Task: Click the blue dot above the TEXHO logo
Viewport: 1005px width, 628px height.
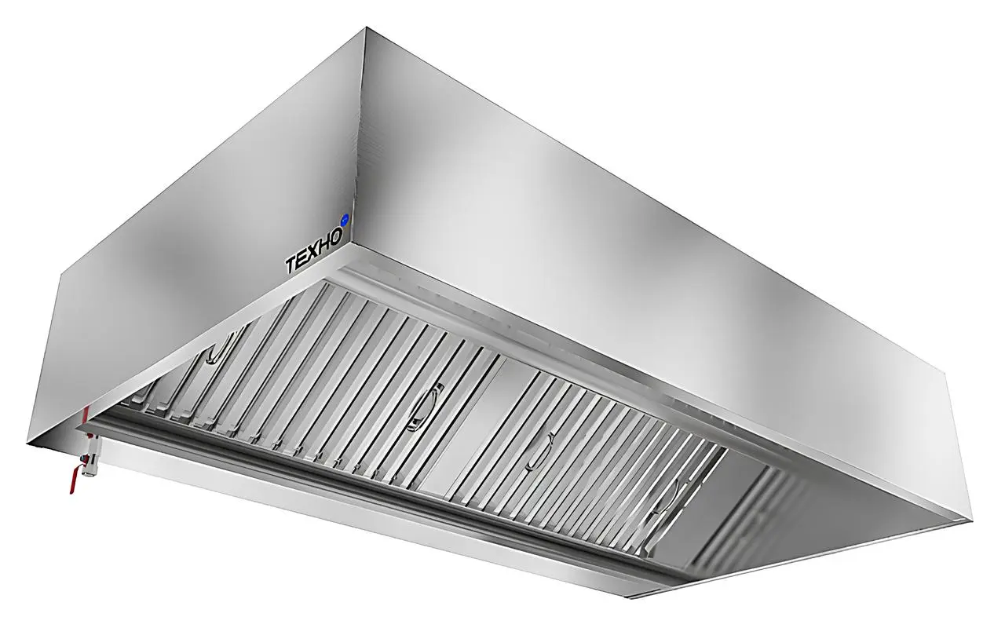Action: (x=345, y=220)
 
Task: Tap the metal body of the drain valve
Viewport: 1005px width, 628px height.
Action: (x=92, y=455)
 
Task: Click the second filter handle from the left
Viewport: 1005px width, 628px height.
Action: (x=424, y=407)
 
